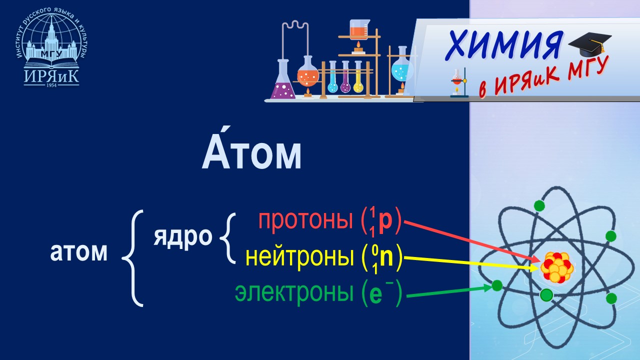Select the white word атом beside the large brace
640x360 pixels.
coord(79,252)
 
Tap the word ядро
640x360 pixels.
coord(182,237)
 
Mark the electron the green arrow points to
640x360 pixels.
coord(497,285)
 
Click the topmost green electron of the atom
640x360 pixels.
coord(539,205)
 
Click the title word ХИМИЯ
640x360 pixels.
coord(503,45)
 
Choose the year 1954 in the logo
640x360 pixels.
coord(51,85)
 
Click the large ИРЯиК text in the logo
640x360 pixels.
coord(51,74)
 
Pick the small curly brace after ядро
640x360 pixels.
coord(228,237)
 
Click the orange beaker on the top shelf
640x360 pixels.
coord(357,31)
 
